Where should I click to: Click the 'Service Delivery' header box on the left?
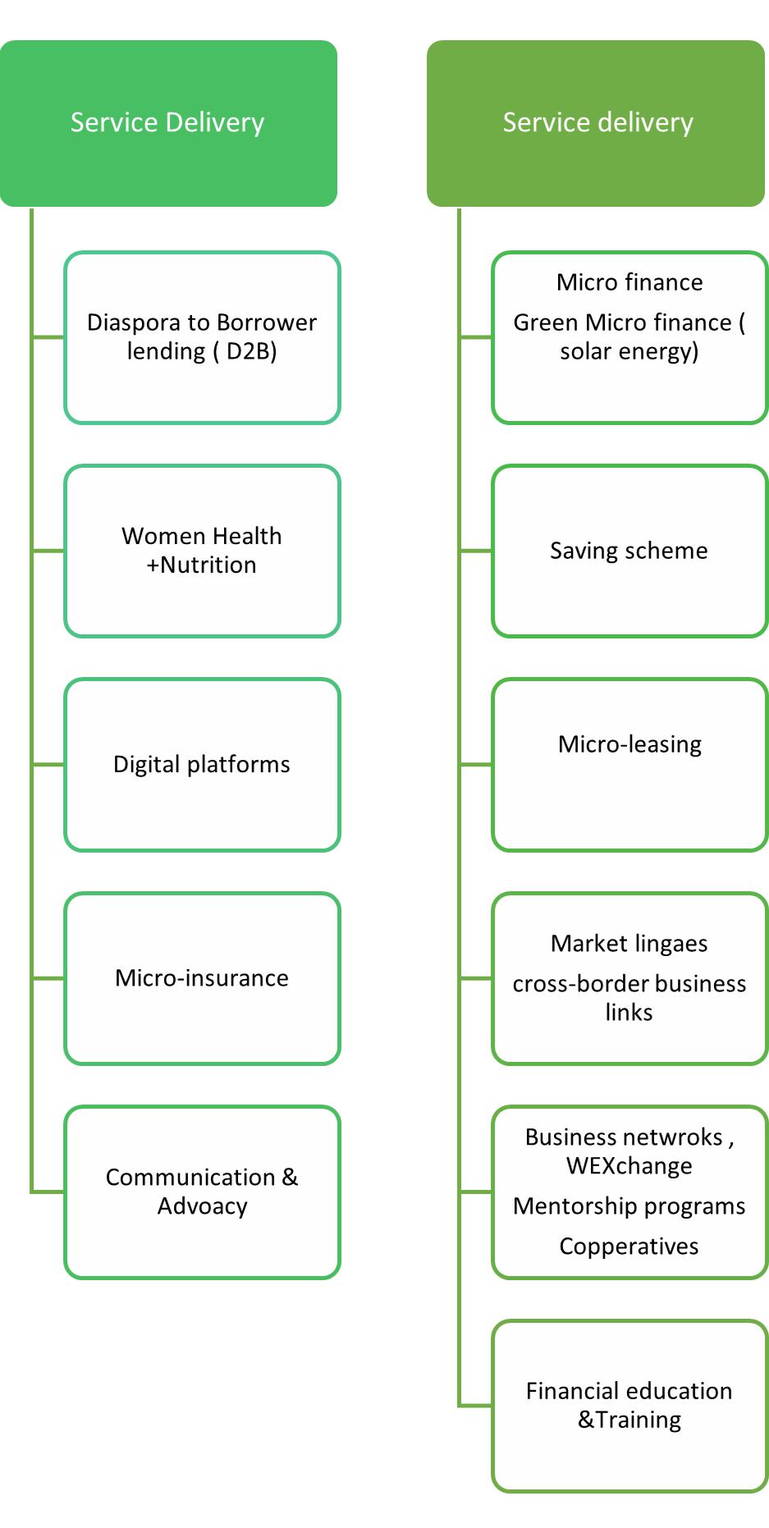pyautogui.click(x=168, y=123)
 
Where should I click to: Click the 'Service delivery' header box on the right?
pyautogui.click(x=597, y=123)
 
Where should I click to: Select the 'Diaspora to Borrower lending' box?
pyautogui.click(x=202, y=337)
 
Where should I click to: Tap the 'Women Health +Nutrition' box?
pyautogui.click(x=202, y=551)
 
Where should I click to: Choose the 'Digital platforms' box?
pyautogui.click(x=202, y=765)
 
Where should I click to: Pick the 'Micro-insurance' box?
pyautogui.click(x=202, y=978)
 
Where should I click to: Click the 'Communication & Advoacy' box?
pyautogui.click(x=202, y=1192)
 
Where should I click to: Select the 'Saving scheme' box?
pyautogui.click(x=629, y=551)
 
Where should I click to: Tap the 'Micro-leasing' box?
pyautogui.click(x=629, y=765)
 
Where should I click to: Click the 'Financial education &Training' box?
pyautogui.click(x=629, y=1406)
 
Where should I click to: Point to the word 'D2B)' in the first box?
pyautogui.click(x=252, y=351)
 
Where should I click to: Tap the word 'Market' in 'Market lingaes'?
pyautogui.click(x=589, y=944)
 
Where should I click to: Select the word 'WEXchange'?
pyautogui.click(x=629, y=1166)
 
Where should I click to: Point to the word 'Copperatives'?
pyautogui.click(x=629, y=1247)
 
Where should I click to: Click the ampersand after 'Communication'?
pyautogui.click(x=290, y=1178)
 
